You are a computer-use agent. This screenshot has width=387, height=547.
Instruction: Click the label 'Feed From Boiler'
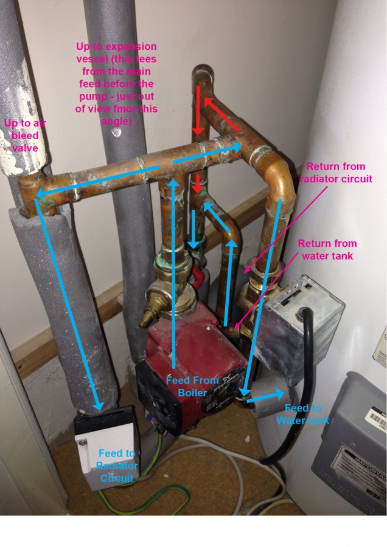192,387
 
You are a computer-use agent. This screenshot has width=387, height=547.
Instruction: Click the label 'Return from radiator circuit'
336,173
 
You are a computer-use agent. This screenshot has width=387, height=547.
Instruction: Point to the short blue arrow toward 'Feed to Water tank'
262,398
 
